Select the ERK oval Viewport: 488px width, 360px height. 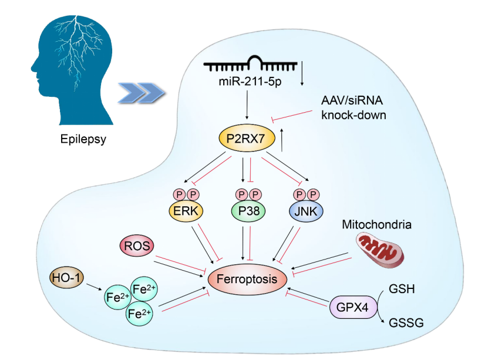[x=184, y=210]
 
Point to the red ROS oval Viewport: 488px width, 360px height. [x=135, y=246]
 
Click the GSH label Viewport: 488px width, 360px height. [x=402, y=289]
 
